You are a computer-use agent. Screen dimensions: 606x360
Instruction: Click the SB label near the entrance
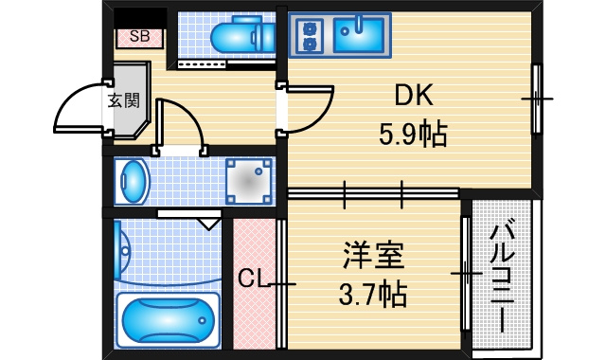[x=139, y=36]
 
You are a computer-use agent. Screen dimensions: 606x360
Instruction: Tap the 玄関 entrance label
[x=124, y=101]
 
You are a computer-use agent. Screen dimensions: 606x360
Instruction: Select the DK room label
[x=414, y=95]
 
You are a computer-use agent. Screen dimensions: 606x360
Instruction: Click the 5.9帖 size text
[x=413, y=134]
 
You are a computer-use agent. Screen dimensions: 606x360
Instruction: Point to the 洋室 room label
[x=373, y=255]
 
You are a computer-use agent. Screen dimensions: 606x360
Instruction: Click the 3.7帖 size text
[x=372, y=294]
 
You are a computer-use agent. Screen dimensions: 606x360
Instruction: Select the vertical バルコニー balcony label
[x=503, y=275]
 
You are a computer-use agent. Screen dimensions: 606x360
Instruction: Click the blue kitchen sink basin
[x=359, y=36]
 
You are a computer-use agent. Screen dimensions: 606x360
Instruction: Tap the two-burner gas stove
[x=309, y=36]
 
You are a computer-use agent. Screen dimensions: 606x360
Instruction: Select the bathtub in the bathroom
[x=169, y=319]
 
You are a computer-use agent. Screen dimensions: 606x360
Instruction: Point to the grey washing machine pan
[x=249, y=181]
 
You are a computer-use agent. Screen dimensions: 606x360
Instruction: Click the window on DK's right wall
[x=537, y=99]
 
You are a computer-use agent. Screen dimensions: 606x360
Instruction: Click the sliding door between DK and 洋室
[x=373, y=192]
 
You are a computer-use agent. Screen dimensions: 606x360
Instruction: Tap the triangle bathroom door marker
[x=208, y=224]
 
